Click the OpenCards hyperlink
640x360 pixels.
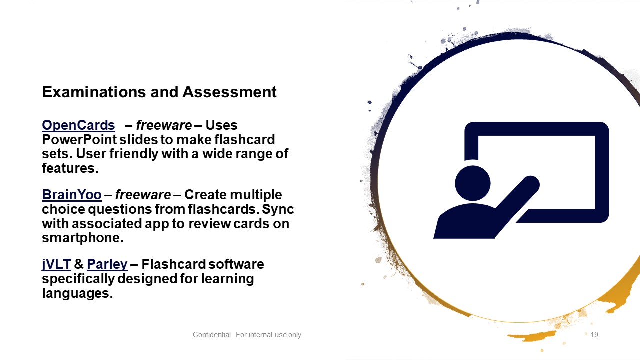click(x=78, y=125)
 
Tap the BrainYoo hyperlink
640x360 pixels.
click(x=71, y=195)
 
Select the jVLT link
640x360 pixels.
click(x=56, y=264)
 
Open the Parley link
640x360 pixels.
click(x=107, y=264)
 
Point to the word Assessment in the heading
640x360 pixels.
click(x=229, y=92)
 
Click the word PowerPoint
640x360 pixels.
click(x=79, y=140)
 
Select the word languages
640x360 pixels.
click(x=77, y=293)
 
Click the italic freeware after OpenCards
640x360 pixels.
click(x=164, y=125)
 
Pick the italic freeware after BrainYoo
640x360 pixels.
click(x=143, y=195)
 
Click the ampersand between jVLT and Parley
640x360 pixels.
click(x=79, y=264)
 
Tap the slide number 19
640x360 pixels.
click(x=594, y=335)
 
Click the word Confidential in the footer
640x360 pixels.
click(x=212, y=335)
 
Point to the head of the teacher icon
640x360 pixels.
click(x=473, y=183)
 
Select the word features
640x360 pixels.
click(x=70, y=168)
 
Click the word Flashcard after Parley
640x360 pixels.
click(x=170, y=264)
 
